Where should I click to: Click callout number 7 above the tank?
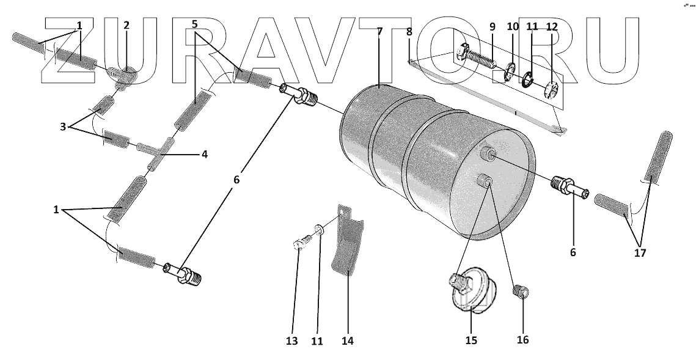point(379,30)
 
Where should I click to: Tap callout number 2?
point(126,26)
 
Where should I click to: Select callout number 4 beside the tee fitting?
point(204,154)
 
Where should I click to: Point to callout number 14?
point(348,340)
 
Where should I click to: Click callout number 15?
point(471,340)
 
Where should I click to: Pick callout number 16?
point(523,340)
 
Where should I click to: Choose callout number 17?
point(640,252)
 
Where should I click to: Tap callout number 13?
point(292,341)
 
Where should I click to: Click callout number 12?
point(552,27)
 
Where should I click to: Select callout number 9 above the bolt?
point(492,27)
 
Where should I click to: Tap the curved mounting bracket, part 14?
point(347,244)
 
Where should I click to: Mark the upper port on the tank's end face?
point(486,153)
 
